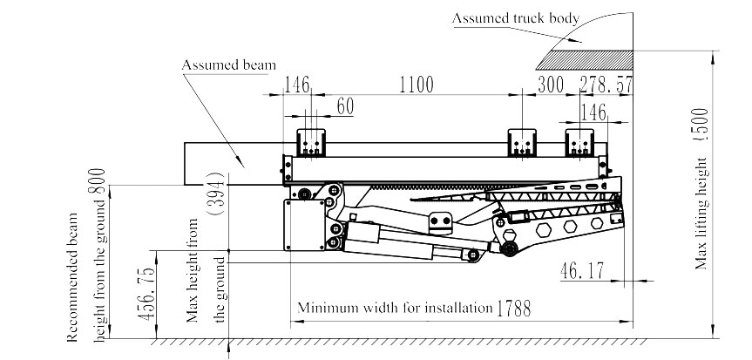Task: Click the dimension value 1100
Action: (x=416, y=85)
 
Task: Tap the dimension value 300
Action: (x=550, y=85)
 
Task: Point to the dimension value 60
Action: (x=345, y=106)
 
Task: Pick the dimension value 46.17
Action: (x=583, y=272)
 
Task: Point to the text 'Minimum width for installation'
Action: (x=396, y=309)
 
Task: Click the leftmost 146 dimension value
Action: (x=298, y=85)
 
